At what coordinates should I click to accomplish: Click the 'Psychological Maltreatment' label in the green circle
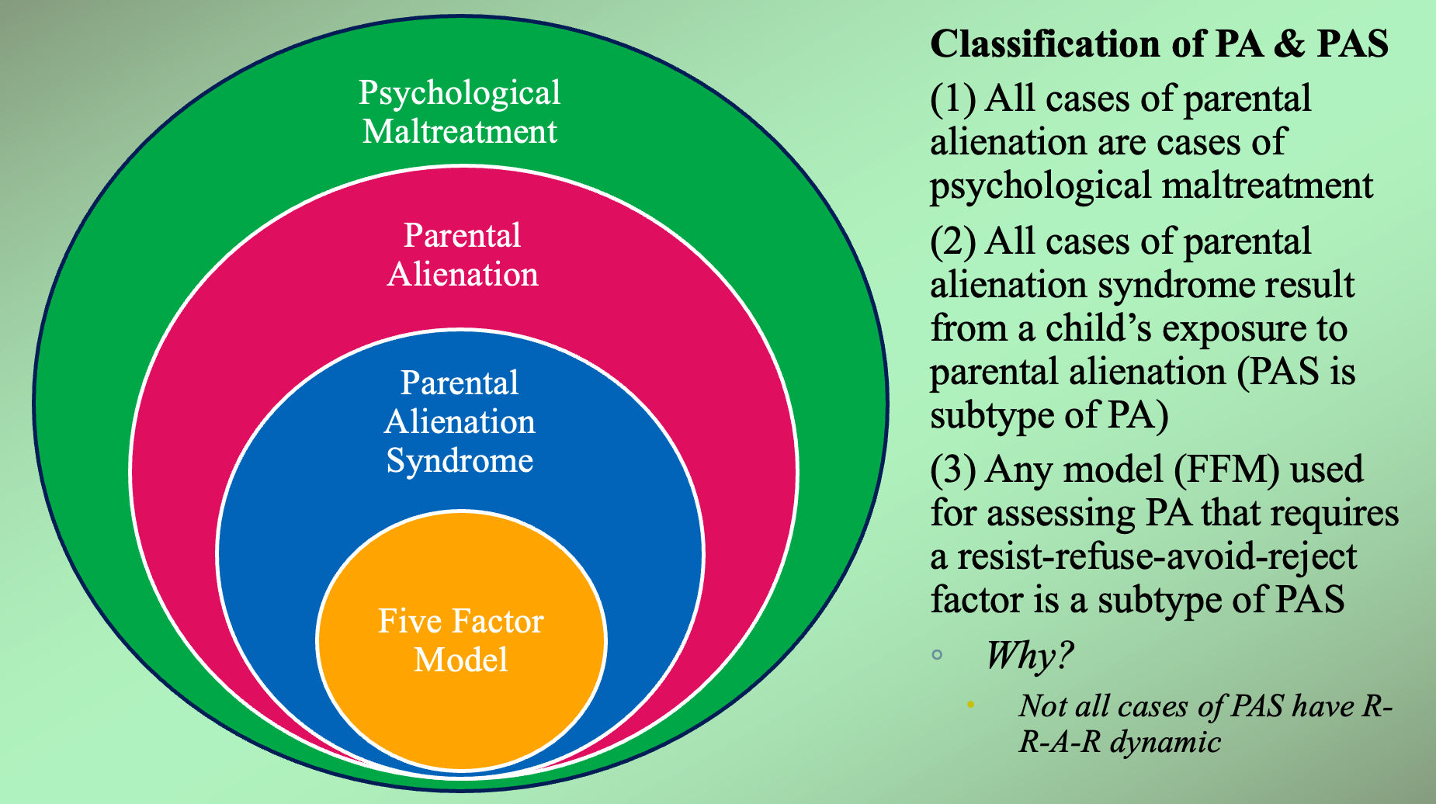coord(460,112)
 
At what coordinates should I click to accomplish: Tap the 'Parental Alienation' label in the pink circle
coord(463,255)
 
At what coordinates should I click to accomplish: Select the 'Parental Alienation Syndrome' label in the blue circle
coord(460,421)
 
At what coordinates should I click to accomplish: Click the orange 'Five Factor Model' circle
coord(461,641)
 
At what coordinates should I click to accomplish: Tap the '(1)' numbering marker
coord(952,99)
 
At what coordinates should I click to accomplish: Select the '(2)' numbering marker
coord(952,242)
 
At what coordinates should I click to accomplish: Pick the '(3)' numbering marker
coord(952,470)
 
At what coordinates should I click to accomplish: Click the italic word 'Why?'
coord(1029,656)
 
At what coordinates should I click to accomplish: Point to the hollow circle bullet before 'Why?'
coord(937,655)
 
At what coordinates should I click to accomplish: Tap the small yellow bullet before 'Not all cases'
coord(969,705)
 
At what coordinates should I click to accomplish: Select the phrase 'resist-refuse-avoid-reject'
coord(1157,557)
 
